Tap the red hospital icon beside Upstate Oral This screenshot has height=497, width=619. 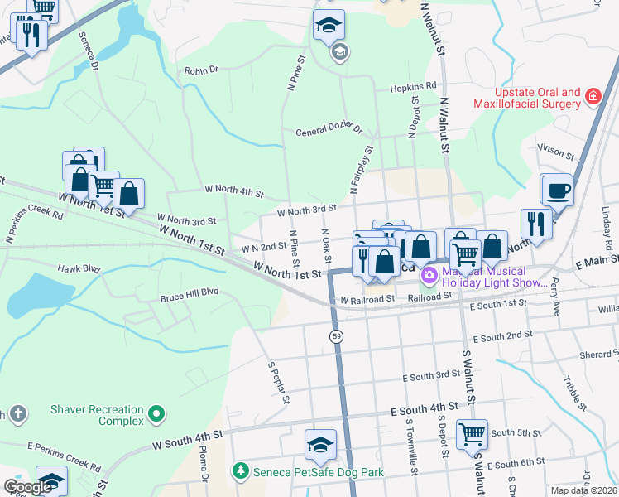tap(593, 98)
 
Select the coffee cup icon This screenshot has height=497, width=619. tap(557, 191)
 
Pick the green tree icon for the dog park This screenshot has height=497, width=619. tap(240, 470)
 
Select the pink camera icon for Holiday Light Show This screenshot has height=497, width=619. tap(429, 275)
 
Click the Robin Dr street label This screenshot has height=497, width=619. tap(201, 71)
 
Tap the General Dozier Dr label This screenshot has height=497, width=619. tap(329, 131)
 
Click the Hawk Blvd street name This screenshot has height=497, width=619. tap(79, 268)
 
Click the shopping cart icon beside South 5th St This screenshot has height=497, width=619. tap(472, 432)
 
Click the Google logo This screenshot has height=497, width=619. tap(27, 487)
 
